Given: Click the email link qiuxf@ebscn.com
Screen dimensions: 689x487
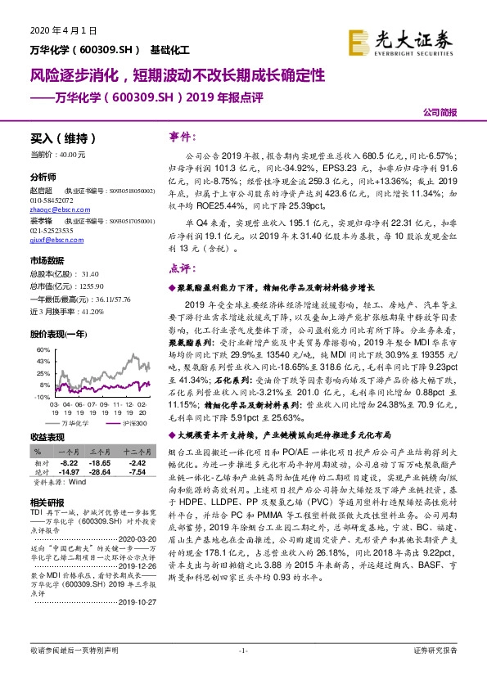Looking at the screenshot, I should pyautogui.click(x=53, y=241).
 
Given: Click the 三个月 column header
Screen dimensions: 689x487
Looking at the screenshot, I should pyautogui.click(x=100, y=450).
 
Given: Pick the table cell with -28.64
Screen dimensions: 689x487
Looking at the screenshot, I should pyautogui.click(x=100, y=471).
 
